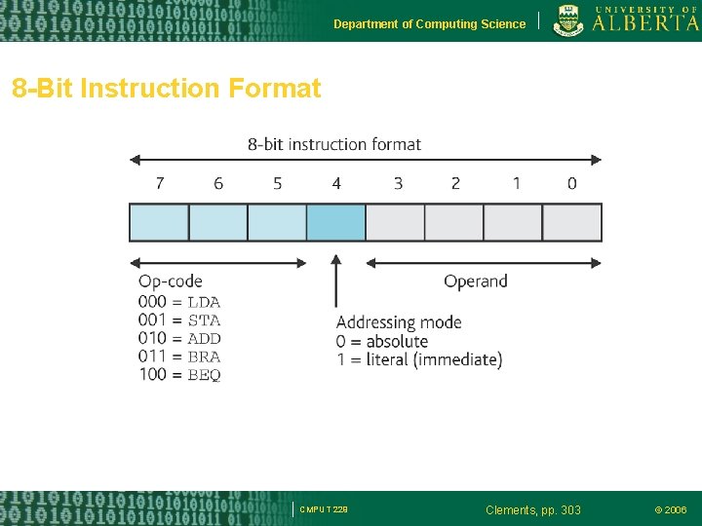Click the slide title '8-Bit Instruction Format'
pyautogui.click(x=166, y=89)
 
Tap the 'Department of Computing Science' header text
pyautogui.click(x=429, y=24)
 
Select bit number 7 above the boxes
pyautogui.click(x=160, y=183)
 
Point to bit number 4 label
pyautogui.click(x=336, y=183)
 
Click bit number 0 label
pyautogui.click(x=571, y=183)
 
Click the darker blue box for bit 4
pyautogui.click(x=336, y=222)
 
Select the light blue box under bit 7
pyautogui.click(x=159, y=222)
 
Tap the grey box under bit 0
pyautogui.click(x=572, y=222)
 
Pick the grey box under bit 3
pyautogui.click(x=396, y=222)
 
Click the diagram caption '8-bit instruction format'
pyautogui.click(x=334, y=144)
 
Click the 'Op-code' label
pyautogui.click(x=171, y=282)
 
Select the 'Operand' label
pyautogui.click(x=476, y=282)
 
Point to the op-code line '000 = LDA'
pyautogui.click(x=179, y=302)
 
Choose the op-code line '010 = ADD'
pyautogui.click(x=179, y=338)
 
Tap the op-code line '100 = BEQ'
pyautogui.click(x=179, y=375)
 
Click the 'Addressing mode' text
pyautogui.click(x=399, y=322)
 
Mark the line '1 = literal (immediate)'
pyautogui.click(x=419, y=359)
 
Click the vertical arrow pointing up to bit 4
pyautogui.click(x=336, y=282)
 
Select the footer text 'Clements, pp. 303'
pyautogui.click(x=532, y=509)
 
